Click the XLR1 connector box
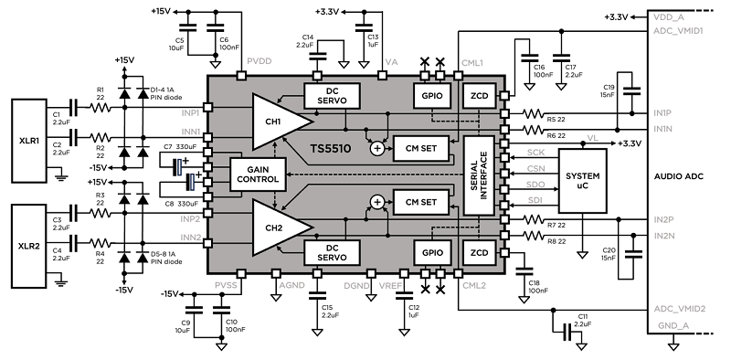(x=29, y=140)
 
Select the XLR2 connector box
(x=29, y=246)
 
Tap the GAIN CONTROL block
(x=258, y=175)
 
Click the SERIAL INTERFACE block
(x=479, y=175)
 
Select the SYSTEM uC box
(x=582, y=181)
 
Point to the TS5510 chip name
(x=331, y=149)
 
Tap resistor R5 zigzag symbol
(x=533, y=113)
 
